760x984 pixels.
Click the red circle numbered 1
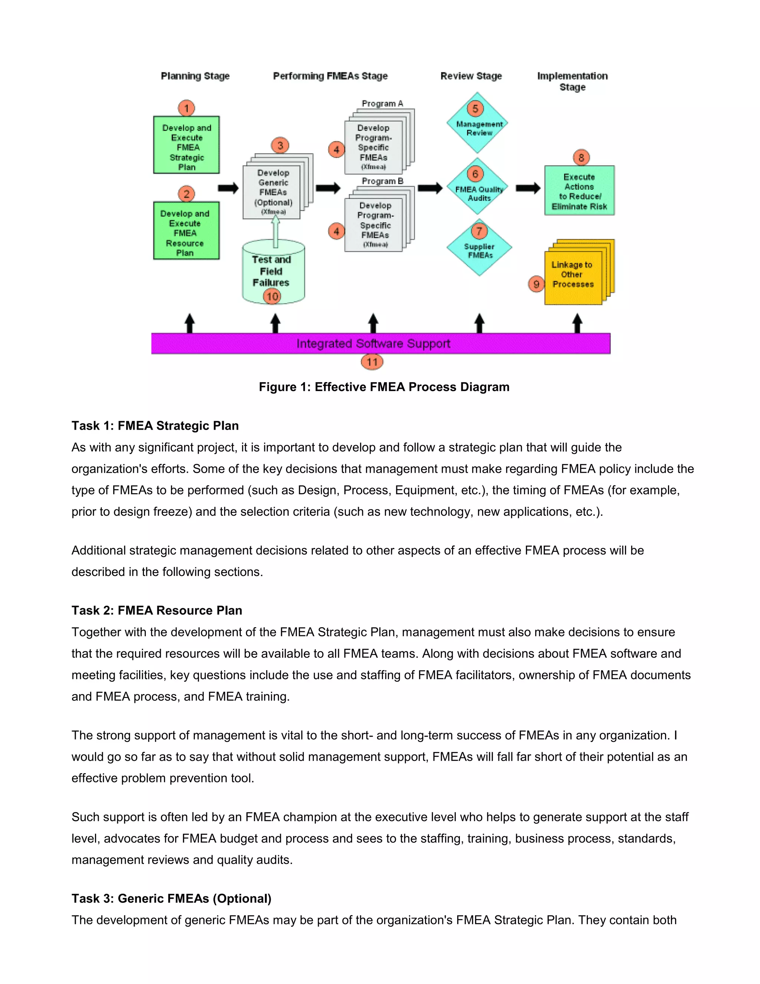(186, 108)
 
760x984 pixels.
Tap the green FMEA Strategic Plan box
(186, 145)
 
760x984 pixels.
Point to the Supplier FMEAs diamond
(479, 249)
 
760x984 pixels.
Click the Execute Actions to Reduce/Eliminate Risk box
(579, 191)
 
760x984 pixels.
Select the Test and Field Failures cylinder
(273, 272)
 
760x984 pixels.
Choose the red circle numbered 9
(536, 284)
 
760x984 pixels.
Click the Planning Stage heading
(196, 76)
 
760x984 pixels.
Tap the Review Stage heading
(471, 76)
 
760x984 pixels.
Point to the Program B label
(382, 181)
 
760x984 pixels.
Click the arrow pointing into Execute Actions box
(528, 188)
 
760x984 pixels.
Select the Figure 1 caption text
(384, 387)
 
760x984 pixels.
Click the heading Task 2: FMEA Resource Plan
(157, 610)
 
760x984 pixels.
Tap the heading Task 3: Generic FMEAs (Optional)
(171, 898)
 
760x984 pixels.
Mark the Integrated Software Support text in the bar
(373, 344)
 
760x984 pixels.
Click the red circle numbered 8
(581, 158)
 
